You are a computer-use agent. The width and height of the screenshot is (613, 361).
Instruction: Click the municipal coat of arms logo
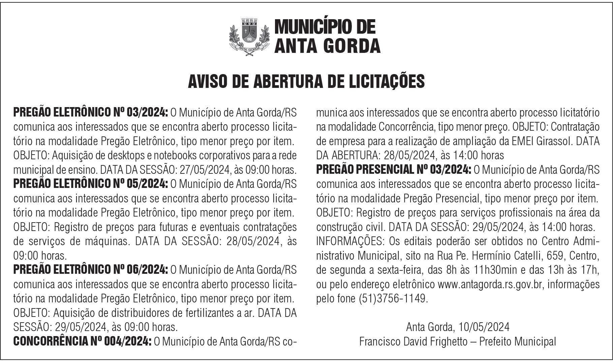point(249,36)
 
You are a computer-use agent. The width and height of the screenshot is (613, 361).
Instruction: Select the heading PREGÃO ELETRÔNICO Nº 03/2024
point(90,112)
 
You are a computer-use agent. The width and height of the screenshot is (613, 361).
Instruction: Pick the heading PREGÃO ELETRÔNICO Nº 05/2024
point(90,184)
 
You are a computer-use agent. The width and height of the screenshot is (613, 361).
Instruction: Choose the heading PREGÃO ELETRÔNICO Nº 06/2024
point(90,270)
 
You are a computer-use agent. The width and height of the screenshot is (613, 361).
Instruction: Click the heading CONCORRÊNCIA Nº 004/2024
point(82,341)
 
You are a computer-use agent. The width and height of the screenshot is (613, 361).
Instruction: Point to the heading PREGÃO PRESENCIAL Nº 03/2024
point(394,170)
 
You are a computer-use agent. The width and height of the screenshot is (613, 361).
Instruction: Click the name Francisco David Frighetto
point(413,341)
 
